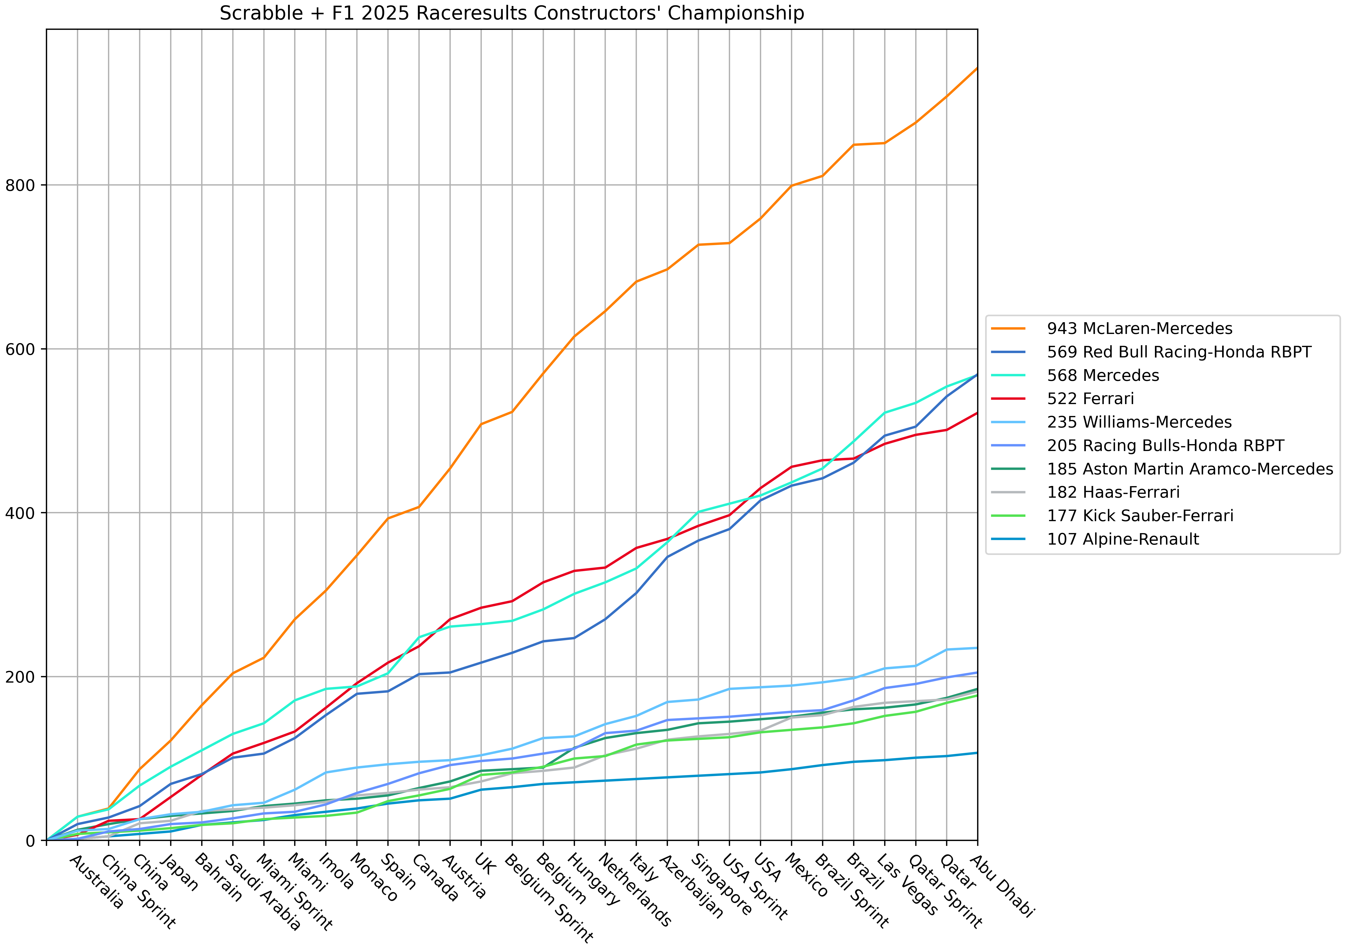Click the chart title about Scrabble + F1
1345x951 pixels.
pos(511,13)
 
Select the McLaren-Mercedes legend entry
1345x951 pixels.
pos(1139,328)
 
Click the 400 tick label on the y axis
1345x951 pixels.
pos(20,513)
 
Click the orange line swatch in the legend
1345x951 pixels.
pos(1008,328)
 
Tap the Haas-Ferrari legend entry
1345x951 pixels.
pos(1113,492)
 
